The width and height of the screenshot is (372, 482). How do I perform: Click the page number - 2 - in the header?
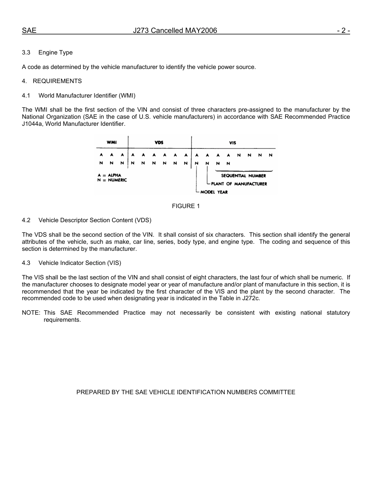[343, 31]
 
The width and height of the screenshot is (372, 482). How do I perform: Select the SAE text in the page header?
[29, 31]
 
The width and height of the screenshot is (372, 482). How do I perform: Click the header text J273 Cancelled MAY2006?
[175, 31]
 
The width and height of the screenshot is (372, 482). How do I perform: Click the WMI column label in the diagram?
[112, 142]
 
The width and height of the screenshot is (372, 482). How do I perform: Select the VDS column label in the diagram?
[159, 143]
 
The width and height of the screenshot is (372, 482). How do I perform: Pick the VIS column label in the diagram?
[233, 143]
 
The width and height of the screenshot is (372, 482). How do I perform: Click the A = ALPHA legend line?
[109, 175]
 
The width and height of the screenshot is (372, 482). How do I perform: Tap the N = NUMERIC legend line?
[112, 180]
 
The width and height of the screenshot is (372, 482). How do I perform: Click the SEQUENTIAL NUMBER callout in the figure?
[243, 176]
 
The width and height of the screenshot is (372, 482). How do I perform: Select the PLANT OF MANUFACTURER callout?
[239, 184]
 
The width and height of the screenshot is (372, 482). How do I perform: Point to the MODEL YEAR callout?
[214, 192]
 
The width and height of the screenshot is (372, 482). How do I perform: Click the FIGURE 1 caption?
[186, 206]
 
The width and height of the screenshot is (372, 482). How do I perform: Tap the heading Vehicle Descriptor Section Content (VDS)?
[95, 220]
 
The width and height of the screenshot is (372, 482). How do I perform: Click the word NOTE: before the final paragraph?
[31, 313]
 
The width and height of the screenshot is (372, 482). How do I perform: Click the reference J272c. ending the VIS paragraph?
[252, 299]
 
